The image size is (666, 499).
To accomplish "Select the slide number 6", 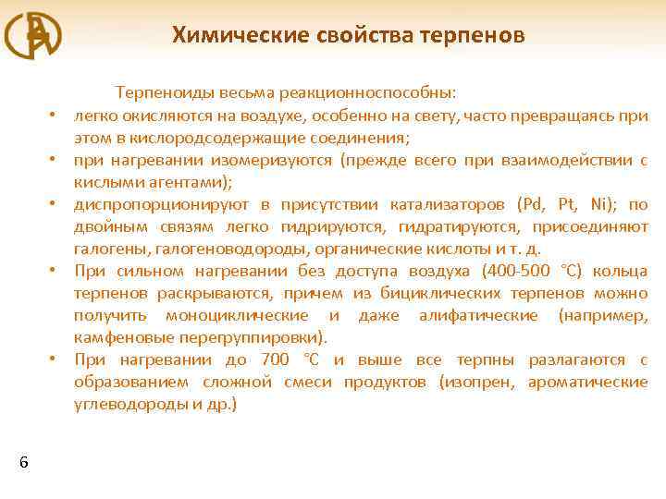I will pyautogui.click(x=23, y=462).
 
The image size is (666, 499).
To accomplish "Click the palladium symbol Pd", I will pyautogui.click(x=531, y=204).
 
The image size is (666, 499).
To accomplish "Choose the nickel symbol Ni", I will pyautogui.click(x=602, y=204).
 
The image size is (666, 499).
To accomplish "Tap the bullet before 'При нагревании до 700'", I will pyautogui.click(x=55, y=360).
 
